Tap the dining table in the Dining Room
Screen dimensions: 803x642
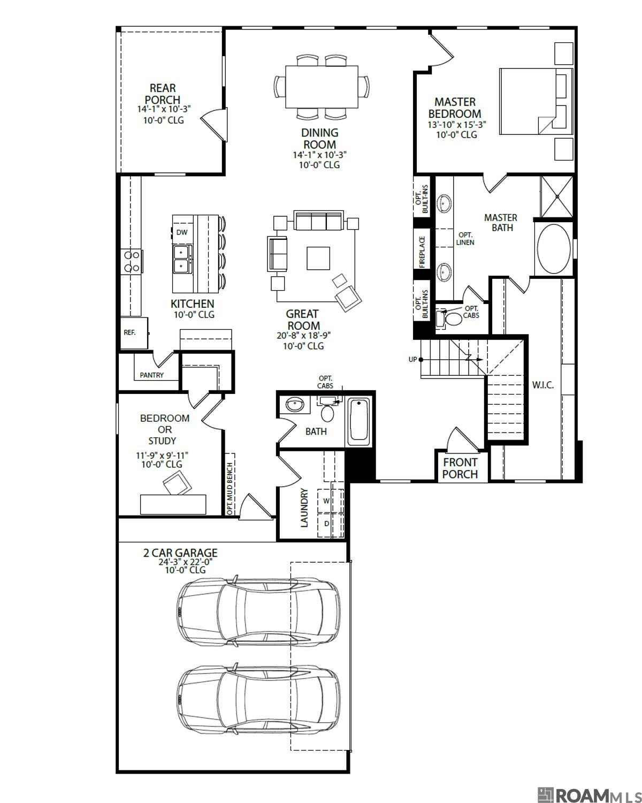pyautogui.click(x=322, y=87)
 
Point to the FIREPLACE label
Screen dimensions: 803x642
pyautogui.click(x=422, y=252)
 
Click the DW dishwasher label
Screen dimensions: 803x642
pyautogui.click(x=182, y=232)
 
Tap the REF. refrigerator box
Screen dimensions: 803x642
pyautogui.click(x=130, y=332)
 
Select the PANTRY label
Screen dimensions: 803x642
pyautogui.click(x=151, y=375)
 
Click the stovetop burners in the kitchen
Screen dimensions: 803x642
pyautogui.click(x=132, y=262)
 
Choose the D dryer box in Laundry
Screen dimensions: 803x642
pyautogui.click(x=326, y=524)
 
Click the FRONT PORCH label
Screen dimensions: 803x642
pyautogui.click(x=460, y=468)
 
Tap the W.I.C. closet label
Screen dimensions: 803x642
pyautogui.click(x=542, y=385)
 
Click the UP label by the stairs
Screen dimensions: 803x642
pyautogui.click(x=412, y=359)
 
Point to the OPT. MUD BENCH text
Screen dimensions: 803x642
pyautogui.click(x=230, y=489)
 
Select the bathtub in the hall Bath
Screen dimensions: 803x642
pyautogui.click(x=359, y=421)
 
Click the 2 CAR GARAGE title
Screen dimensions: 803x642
pyautogui.click(x=180, y=552)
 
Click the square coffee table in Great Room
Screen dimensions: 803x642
pyautogui.click(x=318, y=258)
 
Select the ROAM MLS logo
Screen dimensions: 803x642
pyautogui.click(x=588, y=794)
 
